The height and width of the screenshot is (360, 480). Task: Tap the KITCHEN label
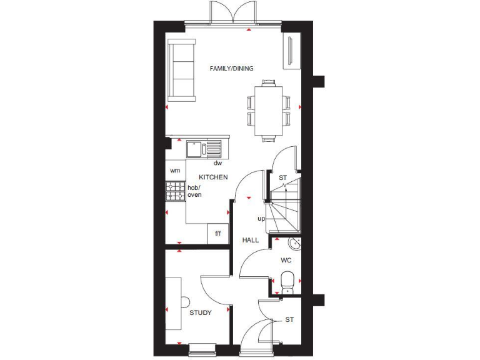point(213,177)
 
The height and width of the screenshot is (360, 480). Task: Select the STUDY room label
point(200,312)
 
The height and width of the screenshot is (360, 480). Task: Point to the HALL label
point(251,240)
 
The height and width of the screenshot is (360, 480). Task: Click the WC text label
point(286,259)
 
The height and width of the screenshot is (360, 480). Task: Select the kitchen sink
point(203,150)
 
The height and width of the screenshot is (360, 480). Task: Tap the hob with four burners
point(176,191)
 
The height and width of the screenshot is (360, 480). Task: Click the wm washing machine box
point(175,170)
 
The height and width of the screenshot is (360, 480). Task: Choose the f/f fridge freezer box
point(218,234)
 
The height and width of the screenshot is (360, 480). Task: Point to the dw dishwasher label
point(218,163)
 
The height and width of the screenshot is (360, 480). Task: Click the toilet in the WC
point(287,281)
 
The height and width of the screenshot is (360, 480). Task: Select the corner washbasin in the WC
point(294,243)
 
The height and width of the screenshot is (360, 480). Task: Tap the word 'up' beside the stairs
point(261,219)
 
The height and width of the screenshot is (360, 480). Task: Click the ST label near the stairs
point(282,178)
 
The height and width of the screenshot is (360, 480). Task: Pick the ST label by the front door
point(289,319)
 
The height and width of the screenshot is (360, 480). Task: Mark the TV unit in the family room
point(291,52)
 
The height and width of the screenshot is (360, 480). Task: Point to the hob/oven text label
point(194,191)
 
